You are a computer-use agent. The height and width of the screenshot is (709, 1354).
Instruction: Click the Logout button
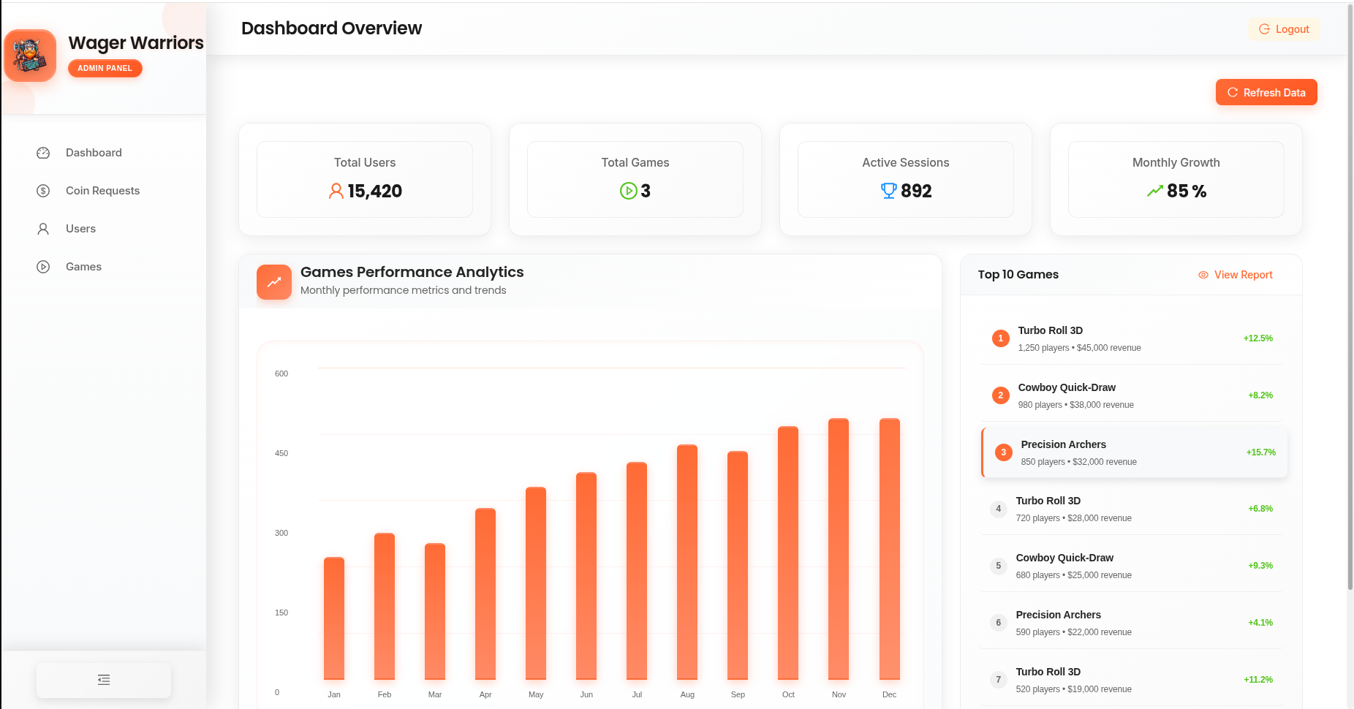1284,29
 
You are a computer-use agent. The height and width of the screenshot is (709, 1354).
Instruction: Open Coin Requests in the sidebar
102,191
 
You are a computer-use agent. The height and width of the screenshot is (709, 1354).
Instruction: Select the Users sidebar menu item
80,229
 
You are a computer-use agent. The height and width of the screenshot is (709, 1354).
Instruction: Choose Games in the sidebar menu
83,267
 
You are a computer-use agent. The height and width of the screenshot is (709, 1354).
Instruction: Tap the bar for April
485,594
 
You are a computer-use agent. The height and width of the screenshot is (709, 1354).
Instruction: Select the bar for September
738,565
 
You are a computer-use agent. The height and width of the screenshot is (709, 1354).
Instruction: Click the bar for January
334,618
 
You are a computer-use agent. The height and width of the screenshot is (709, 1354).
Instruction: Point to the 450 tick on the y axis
281,453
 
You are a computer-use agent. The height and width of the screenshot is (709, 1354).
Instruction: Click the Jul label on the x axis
637,694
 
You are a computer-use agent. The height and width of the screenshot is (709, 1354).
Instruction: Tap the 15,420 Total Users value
374,191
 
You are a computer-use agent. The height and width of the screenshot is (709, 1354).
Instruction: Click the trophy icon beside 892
888,191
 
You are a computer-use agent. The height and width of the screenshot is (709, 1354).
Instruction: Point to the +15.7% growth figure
1260,452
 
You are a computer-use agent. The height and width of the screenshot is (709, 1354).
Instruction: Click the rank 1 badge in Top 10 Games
1001,338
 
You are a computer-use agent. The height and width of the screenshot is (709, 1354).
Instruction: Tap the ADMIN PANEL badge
105,68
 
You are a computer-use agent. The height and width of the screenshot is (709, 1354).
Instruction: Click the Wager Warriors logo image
30,56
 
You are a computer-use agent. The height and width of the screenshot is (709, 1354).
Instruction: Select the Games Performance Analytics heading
412,272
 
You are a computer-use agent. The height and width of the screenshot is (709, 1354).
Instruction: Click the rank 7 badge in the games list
999,680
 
